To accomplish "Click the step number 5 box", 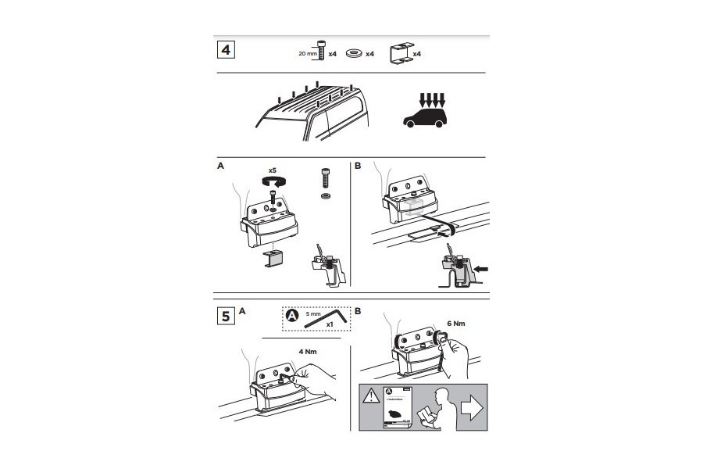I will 225,316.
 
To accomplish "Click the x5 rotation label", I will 273,170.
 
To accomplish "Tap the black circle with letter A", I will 292,316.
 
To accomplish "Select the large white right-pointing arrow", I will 472,406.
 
